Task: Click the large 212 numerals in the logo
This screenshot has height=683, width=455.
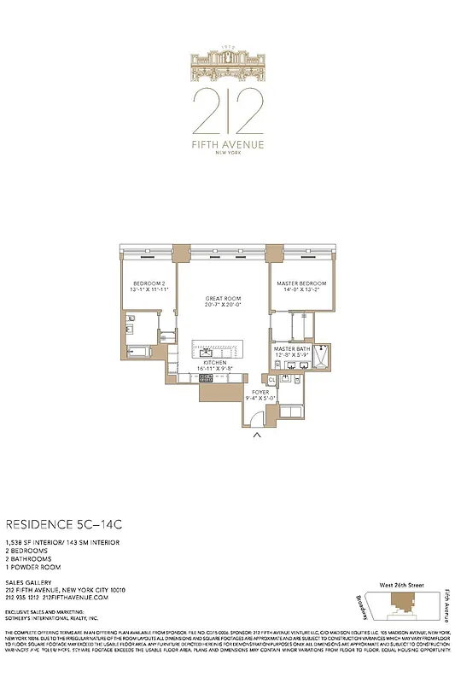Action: point(227,108)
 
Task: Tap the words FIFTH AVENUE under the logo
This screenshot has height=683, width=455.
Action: point(227,144)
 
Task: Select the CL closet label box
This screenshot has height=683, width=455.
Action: point(272,379)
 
